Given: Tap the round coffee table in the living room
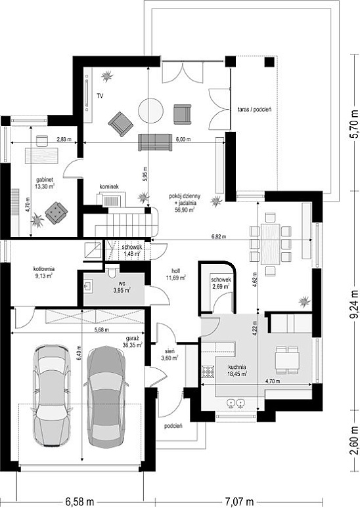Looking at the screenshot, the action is (150, 111).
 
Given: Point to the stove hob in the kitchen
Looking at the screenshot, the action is (208, 371).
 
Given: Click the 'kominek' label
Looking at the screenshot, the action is (109, 186).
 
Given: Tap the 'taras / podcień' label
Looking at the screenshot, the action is (254, 110).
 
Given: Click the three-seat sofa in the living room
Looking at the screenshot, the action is (155, 142).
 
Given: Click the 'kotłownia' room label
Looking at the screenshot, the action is (44, 269).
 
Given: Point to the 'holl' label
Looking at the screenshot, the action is (176, 271).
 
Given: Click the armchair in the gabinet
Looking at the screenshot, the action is (56, 213).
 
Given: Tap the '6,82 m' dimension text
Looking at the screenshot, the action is (219, 237).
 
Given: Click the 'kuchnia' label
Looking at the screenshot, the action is (236, 367).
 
